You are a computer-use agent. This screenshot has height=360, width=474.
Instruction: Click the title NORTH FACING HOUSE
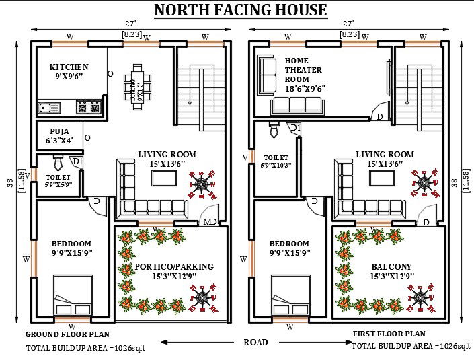click(x=241, y=10)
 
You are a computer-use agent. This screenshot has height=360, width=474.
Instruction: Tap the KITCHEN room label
click(x=69, y=67)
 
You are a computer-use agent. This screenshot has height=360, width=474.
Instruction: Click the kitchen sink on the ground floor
click(x=50, y=107)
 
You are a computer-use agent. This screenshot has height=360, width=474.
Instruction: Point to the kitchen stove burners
click(x=89, y=107)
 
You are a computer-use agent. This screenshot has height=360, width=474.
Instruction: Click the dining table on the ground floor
click(x=137, y=86)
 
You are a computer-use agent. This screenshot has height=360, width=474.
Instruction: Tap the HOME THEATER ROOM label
click(x=303, y=70)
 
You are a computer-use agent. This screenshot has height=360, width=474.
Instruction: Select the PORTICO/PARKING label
click(x=174, y=267)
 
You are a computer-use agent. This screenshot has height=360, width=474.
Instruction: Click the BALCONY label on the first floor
click(x=391, y=267)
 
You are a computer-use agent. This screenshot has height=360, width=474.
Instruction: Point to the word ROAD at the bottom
click(x=255, y=343)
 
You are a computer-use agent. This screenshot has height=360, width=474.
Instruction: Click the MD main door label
click(x=210, y=222)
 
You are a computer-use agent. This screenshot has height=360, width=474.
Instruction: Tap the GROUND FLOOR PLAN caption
click(x=67, y=334)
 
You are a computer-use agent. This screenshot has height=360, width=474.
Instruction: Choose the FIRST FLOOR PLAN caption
click(x=389, y=334)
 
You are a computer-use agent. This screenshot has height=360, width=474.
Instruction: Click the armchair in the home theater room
click(x=268, y=75)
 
